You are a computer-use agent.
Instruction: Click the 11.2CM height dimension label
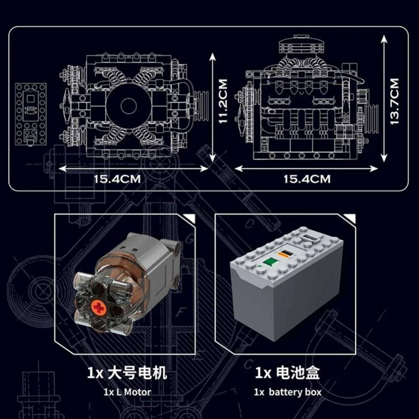point(223,101)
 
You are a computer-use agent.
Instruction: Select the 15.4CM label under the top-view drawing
point(117,179)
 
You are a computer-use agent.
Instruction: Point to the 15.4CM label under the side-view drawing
point(307,179)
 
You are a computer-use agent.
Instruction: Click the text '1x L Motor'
point(127,392)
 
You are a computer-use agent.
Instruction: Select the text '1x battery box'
point(287,392)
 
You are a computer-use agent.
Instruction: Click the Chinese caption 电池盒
point(298,372)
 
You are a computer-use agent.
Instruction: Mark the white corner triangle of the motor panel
point(191,218)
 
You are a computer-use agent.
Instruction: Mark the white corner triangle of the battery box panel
point(351,218)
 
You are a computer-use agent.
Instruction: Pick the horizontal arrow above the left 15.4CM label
point(133,168)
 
